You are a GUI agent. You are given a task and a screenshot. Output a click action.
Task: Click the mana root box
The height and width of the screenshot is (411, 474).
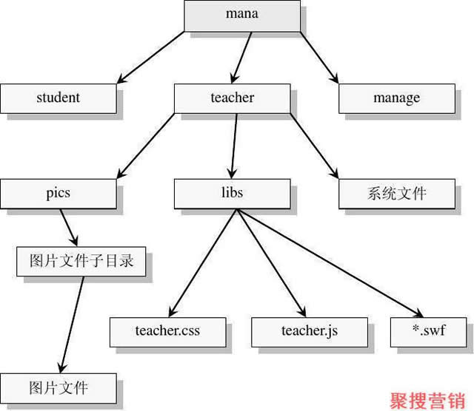click(x=242, y=15)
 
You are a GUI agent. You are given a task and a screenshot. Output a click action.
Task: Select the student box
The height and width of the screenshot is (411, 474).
click(x=58, y=97)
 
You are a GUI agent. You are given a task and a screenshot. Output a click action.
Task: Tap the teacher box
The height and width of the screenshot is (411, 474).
click(x=233, y=97)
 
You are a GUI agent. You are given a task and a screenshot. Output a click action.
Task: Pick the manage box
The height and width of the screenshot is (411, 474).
click(x=396, y=97)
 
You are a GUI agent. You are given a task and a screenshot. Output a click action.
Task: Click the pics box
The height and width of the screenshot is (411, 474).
click(x=58, y=193)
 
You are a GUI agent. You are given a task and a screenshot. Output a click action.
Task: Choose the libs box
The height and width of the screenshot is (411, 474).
click(x=233, y=193)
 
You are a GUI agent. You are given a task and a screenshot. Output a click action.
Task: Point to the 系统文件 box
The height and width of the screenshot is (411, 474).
click(x=396, y=193)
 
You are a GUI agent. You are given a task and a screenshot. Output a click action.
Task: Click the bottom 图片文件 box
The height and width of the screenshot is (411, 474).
click(x=59, y=387)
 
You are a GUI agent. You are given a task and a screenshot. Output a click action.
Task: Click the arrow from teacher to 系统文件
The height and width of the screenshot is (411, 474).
click(x=313, y=145)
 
